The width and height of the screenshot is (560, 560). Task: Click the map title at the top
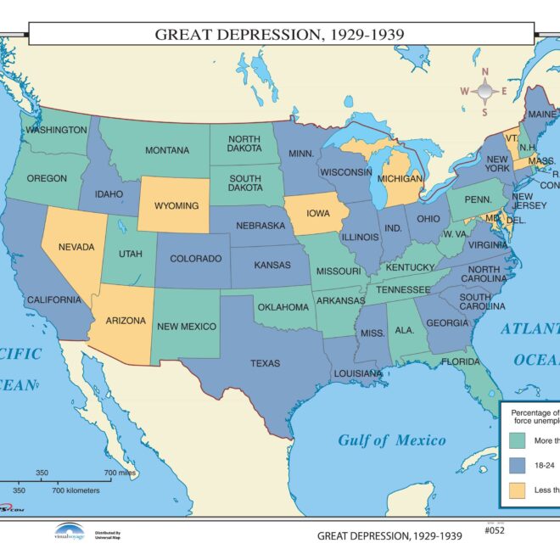279,35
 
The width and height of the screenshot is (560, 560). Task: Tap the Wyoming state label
176,206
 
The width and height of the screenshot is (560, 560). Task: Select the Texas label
265,364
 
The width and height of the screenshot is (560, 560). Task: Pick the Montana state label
167,151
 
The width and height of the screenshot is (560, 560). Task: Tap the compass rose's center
485,91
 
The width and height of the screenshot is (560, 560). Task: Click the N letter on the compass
485,71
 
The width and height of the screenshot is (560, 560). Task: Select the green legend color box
518,440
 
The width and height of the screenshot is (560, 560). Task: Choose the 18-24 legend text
543,465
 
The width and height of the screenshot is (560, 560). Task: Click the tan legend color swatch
518,490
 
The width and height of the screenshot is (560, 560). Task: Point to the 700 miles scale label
120,473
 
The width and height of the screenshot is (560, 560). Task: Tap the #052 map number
495,531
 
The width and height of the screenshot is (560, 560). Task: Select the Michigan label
400,180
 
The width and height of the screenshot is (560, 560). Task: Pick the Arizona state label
126,322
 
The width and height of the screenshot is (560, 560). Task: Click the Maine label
541,114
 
